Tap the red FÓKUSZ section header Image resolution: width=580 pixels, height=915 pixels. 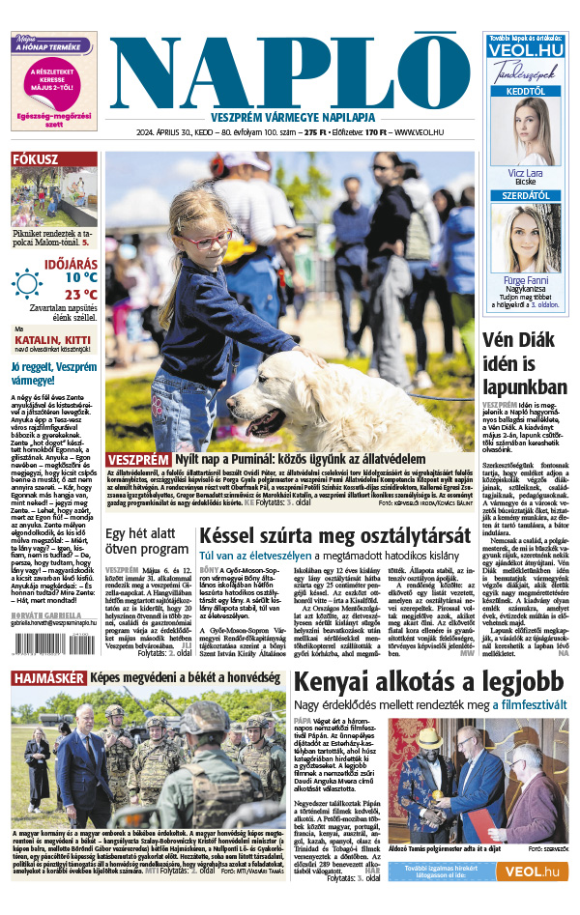[x=36, y=159]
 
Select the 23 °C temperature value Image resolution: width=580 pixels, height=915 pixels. [x=80, y=295]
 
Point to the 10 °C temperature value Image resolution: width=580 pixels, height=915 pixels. [x=80, y=276]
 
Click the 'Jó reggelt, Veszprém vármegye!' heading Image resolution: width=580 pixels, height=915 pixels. [x=52, y=374]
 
